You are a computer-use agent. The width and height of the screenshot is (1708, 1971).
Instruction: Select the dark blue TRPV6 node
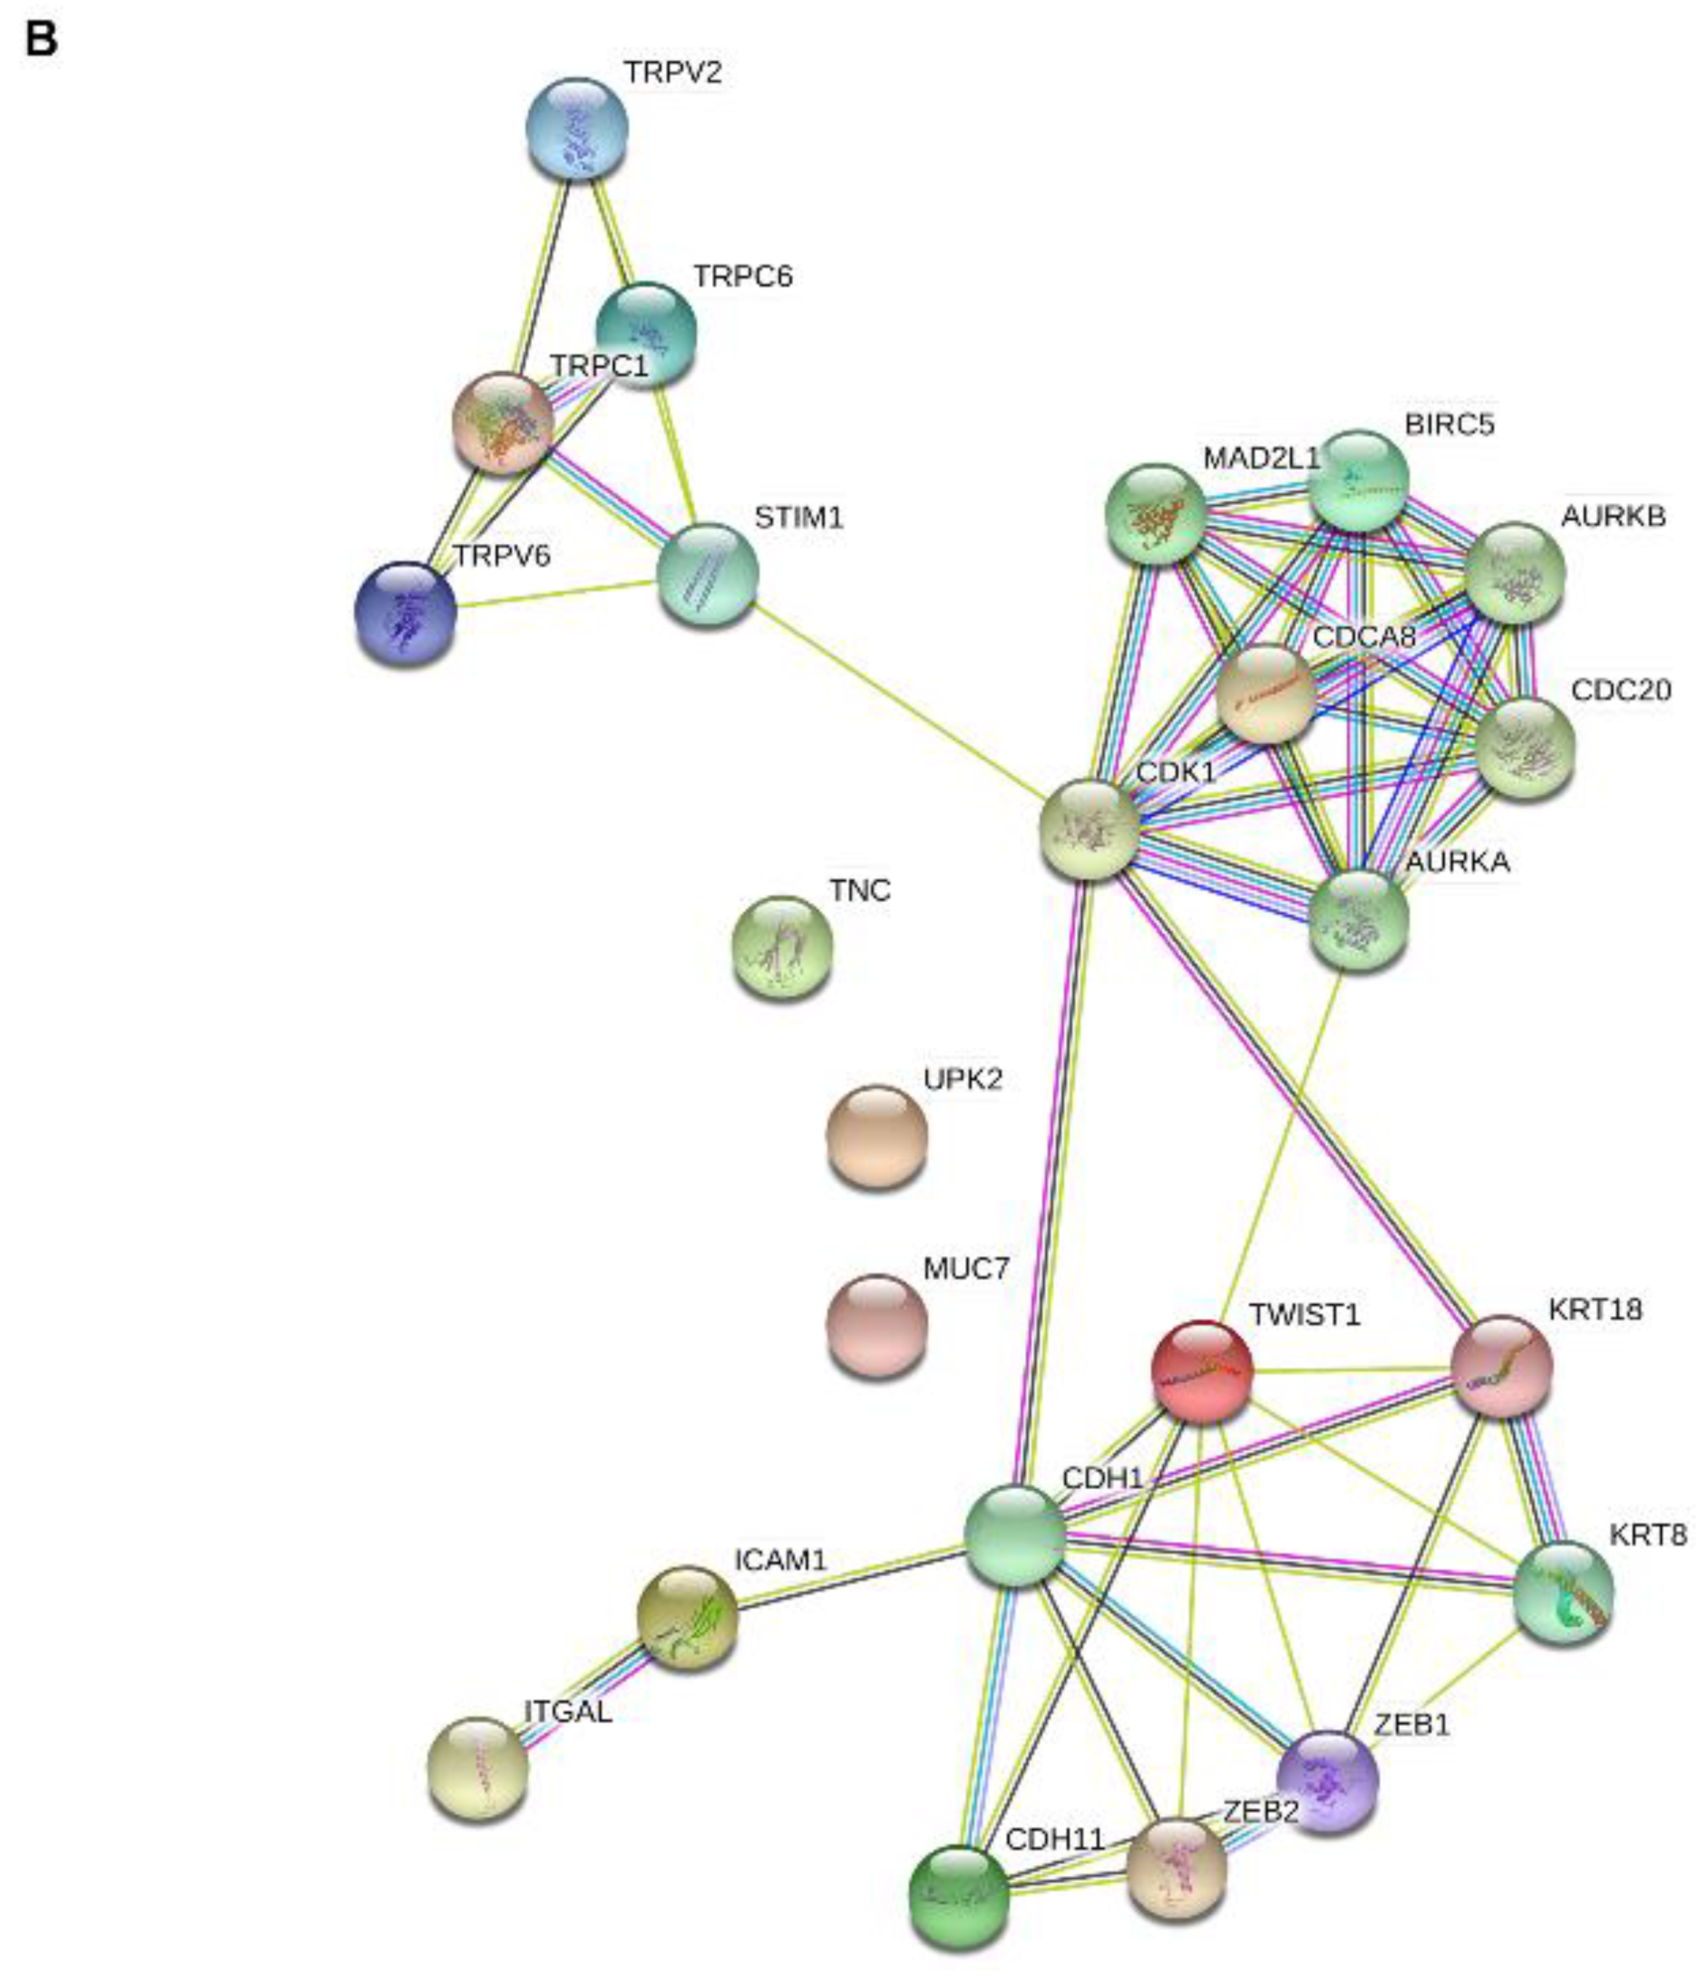click(405, 613)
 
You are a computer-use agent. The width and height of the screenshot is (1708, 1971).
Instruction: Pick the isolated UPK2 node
click(876, 1136)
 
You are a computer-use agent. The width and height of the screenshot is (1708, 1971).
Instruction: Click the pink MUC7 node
click(876, 1326)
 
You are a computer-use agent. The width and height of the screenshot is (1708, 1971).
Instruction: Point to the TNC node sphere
click(781, 946)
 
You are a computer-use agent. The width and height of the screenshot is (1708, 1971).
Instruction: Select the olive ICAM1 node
click(686, 1617)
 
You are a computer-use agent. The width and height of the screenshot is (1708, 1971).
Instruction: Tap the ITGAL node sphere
click(478, 1768)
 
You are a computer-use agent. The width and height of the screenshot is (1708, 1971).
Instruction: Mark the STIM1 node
click(707, 574)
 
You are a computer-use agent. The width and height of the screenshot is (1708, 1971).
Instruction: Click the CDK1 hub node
click(1089, 828)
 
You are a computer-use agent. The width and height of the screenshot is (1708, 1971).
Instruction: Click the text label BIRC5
click(1449, 424)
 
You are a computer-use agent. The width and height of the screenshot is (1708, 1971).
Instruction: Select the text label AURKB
click(1613, 516)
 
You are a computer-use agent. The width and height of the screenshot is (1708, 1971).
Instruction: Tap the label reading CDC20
click(1620, 689)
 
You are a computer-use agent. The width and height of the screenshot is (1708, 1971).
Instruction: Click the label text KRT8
click(1647, 1534)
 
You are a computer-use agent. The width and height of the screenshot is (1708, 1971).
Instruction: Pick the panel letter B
click(41, 40)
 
